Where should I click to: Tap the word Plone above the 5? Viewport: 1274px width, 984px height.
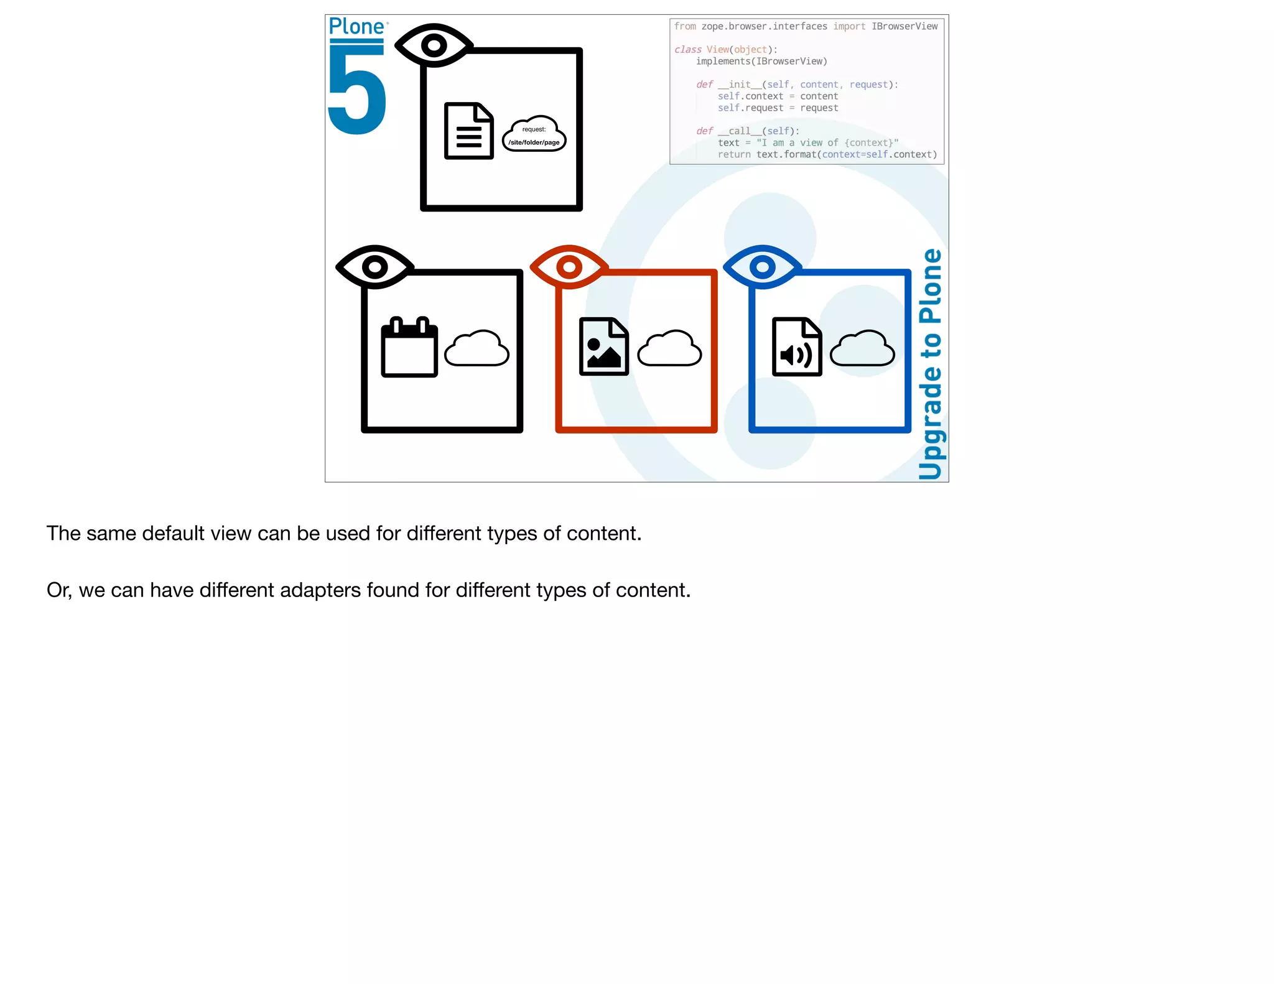356,27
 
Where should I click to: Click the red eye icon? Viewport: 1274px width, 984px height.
569,267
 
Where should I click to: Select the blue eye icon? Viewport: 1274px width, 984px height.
762,267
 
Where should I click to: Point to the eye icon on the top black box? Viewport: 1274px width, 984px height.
434,45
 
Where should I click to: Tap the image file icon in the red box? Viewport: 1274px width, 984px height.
603,346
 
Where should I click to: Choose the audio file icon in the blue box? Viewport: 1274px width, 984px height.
797,346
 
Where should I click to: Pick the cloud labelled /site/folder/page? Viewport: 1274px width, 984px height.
534,134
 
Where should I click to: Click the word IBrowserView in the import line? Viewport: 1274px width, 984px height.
904,26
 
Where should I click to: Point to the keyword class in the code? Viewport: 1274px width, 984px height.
687,50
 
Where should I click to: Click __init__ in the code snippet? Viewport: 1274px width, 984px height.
740,85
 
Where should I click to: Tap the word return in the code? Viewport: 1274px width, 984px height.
734,154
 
